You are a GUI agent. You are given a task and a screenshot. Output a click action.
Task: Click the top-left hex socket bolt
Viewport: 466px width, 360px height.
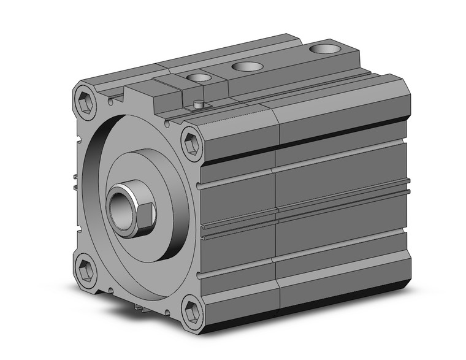pos(86,102)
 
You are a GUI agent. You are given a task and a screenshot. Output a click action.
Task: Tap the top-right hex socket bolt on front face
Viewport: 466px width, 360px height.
pos(193,143)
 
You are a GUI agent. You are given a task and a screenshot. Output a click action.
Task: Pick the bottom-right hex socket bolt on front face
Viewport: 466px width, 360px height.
pos(193,310)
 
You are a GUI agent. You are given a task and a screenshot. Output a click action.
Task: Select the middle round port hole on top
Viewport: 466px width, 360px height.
pos(248,66)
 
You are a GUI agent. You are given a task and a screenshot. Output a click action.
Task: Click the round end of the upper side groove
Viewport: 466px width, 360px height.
pos(200,184)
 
